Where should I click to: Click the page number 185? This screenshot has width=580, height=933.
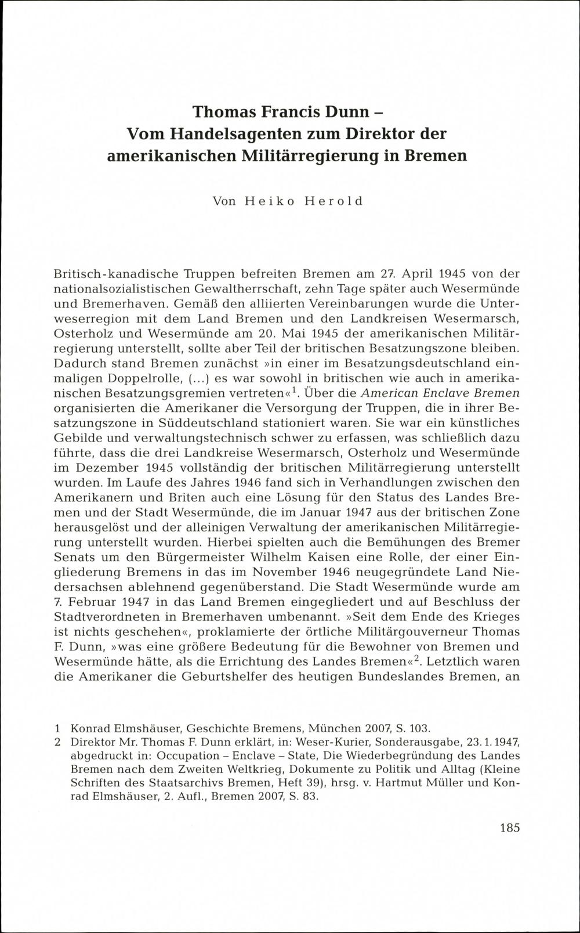pyautogui.click(x=509, y=828)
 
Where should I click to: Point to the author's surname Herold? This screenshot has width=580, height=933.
pyautogui.click(x=334, y=201)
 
